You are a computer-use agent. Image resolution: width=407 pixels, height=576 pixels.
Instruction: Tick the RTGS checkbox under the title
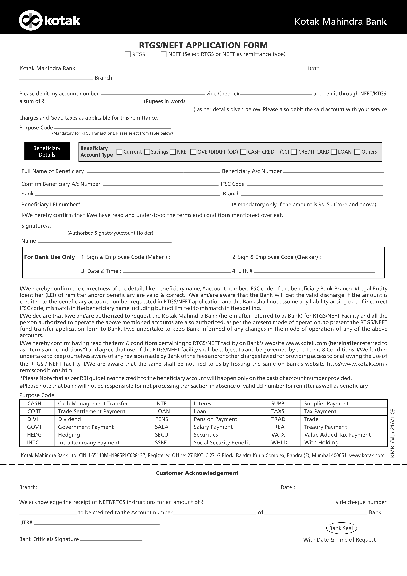coord(128,54)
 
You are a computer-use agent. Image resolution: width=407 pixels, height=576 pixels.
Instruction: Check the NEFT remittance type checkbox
coord(163,54)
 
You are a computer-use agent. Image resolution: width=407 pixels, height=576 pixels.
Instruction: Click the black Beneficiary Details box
coord(47,151)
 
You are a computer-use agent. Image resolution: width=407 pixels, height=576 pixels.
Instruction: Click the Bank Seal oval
coord(341,528)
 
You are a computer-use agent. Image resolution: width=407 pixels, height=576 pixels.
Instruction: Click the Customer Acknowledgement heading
coord(197,473)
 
